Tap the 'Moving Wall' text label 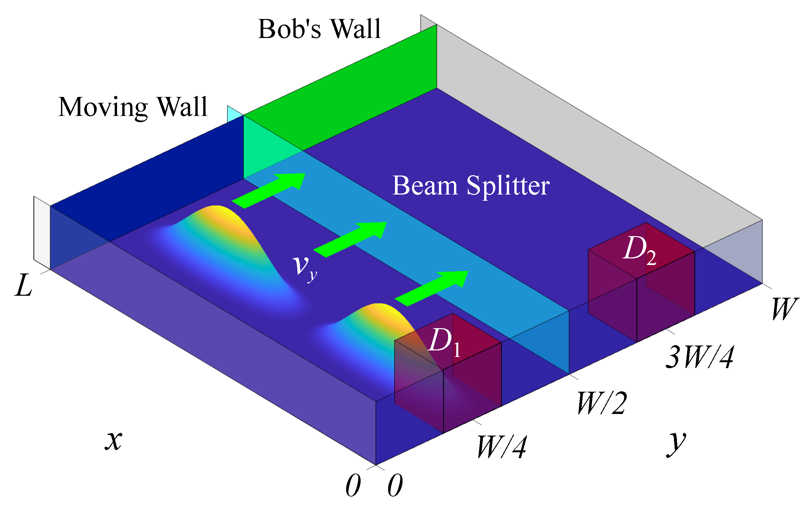pos(133,107)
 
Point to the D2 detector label pos(639,250)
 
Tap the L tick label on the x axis pos(24,286)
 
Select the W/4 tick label pos(501,447)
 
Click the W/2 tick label pos(602,403)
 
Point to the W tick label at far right pos(784,309)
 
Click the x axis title pos(113,440)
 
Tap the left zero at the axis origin pos(353,486)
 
